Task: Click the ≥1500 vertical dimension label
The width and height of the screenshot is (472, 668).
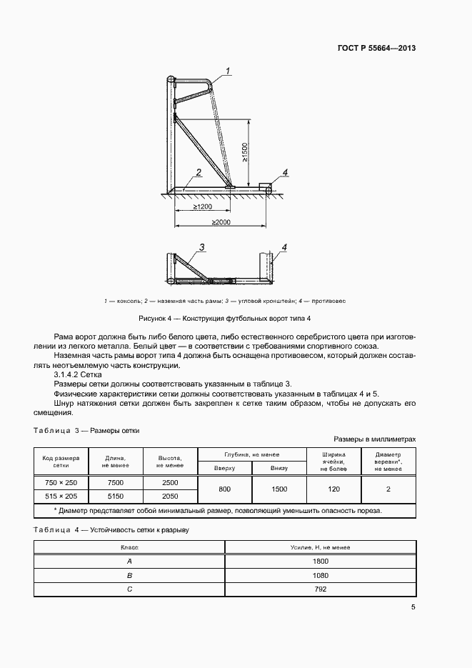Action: pyautogui.click(x=244, y=151)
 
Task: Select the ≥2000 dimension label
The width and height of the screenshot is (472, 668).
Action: pyautogui.click(x=220, y=223)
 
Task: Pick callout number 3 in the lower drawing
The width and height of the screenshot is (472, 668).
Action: pyautogui.click(x=202, y=247)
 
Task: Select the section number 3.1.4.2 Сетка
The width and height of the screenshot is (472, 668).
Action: pyautogui.click(x=79, y=374)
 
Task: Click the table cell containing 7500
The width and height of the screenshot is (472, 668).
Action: pyautogui.click(x=116, y=482)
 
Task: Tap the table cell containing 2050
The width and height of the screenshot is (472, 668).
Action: pyautogui.click(x=170, y=495)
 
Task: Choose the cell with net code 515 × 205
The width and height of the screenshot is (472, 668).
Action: pyautogui.click(x=61, y=495)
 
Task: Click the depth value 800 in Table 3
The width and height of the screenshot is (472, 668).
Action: pyautogui.click(x=224, y=489)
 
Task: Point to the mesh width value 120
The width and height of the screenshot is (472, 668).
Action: pyautogui.click(x=333, y=489)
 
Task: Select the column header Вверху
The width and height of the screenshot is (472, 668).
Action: pyautogui.click(x=224, y=468)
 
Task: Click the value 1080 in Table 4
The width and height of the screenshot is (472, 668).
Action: pyautogui.click(x=321, y=574)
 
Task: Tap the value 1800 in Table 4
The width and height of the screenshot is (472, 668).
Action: pyautogui.click(x=321, y=561)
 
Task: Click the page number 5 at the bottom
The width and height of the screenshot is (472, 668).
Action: pyautogui.click(x=413, y=607)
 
